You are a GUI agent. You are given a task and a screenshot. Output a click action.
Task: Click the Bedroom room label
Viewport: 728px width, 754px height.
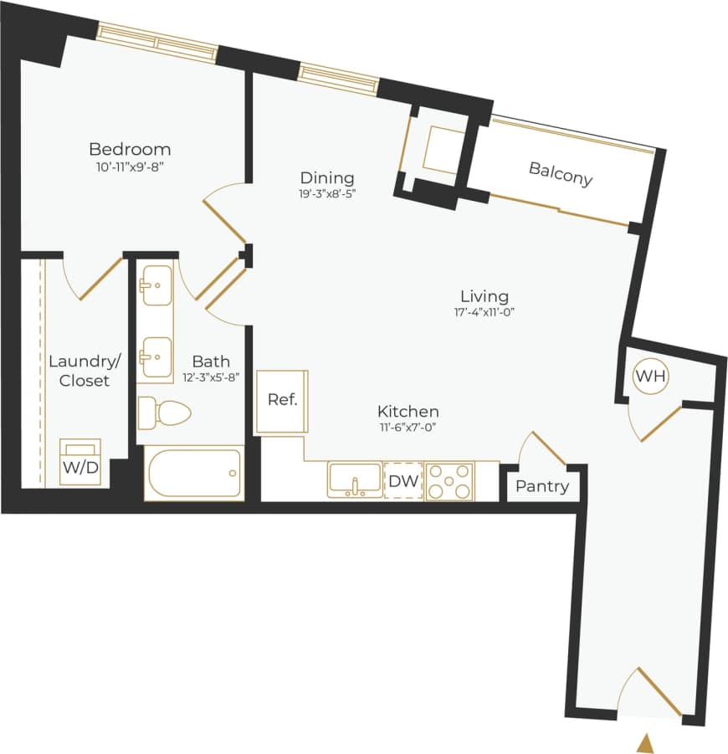(x=130, y=150)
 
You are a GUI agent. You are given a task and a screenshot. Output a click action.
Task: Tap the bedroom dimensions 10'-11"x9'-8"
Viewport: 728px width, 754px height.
(x=130, y=167)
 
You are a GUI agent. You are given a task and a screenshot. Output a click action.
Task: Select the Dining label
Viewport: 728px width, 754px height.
(x=327, y=178)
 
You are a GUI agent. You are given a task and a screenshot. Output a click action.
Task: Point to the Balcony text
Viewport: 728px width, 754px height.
(x=560, y=173)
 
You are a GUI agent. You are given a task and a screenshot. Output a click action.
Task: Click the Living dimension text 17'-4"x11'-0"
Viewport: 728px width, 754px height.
(x=484, y=312)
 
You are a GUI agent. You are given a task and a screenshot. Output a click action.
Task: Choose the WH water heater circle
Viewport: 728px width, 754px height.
(x=650, y=376)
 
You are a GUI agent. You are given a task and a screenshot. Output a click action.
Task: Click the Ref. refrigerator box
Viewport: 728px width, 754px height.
(x=282, y=400)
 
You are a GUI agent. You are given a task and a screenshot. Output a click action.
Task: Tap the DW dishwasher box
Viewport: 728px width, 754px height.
(x=403, y=481)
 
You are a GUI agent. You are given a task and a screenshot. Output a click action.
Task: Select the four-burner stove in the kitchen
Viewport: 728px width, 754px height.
(x=449, y=481)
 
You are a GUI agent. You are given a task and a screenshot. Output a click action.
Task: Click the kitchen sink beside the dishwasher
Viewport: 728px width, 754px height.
(x=355, y=480)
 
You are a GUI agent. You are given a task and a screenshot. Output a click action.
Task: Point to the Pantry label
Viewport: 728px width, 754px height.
(x=541, y=486)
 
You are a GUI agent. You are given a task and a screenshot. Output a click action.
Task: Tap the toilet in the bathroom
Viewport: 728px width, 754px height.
(x=165, y=411)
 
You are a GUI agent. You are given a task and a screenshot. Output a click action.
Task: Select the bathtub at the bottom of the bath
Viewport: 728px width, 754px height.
(x=194, y=474)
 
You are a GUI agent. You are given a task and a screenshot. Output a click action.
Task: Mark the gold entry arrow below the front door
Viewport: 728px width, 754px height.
(x=645, y=742)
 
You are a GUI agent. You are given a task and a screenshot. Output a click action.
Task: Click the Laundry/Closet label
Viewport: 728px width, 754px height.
(x=85, y=371)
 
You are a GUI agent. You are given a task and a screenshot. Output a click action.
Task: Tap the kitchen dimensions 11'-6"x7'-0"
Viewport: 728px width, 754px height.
(x=408, y=428)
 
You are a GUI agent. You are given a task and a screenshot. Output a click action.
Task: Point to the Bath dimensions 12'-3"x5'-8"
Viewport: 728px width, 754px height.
(x=212, y=377)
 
